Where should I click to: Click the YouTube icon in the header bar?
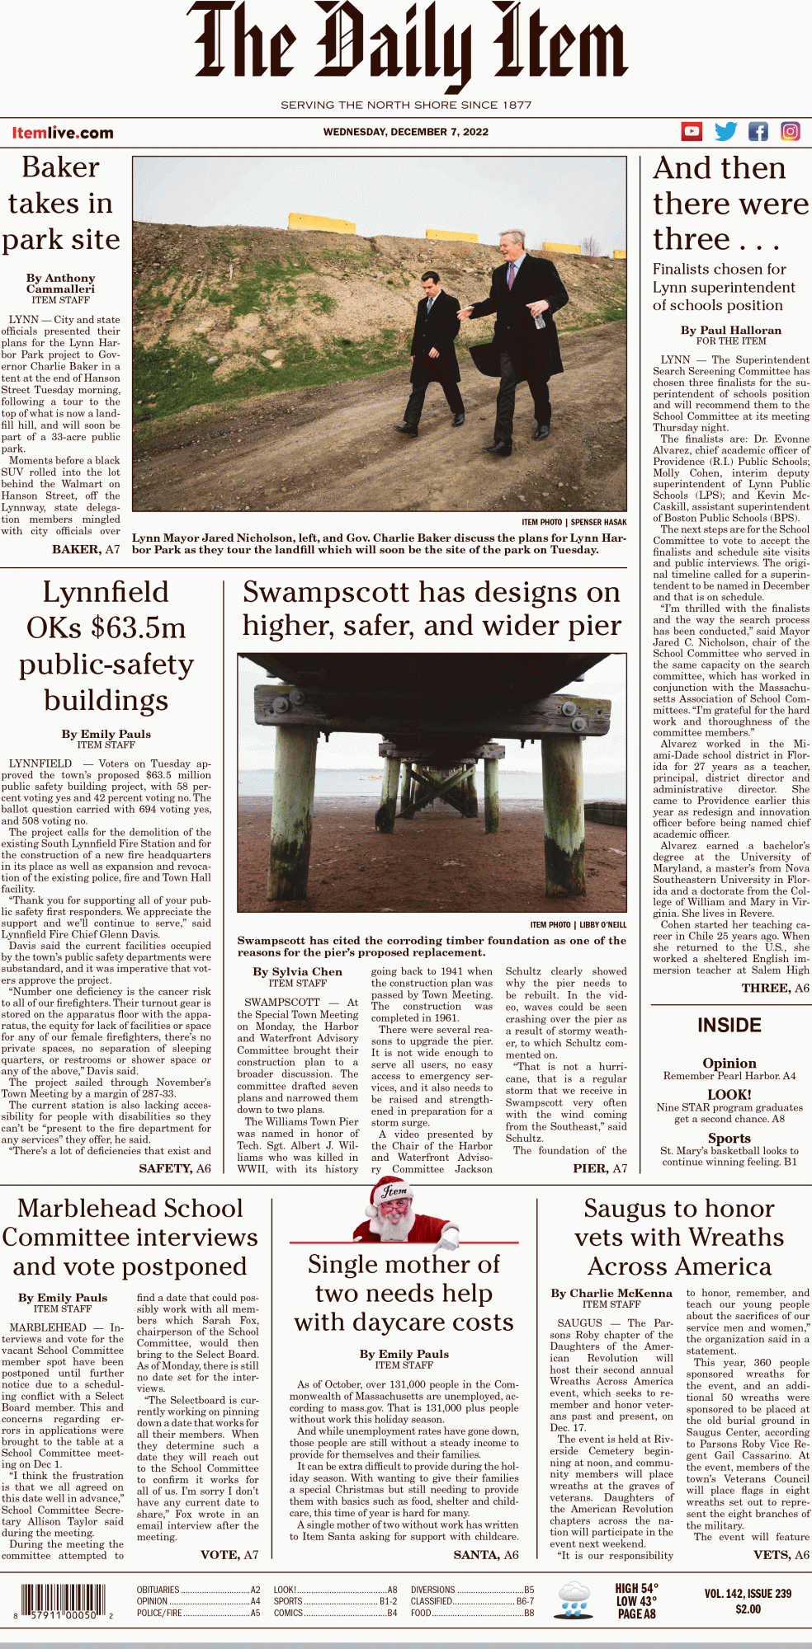(692, 131)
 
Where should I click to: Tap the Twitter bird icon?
(725, 131)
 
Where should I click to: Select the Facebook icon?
(758, 131)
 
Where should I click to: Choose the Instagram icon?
(790, 131)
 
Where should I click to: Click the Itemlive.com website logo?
(63, 133)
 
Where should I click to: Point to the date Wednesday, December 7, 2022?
(405, 132)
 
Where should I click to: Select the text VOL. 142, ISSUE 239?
(748, 1594)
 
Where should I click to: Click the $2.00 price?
(748, 1609)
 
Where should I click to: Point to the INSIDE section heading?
(729, 1025)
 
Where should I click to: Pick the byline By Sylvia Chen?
(297, 971)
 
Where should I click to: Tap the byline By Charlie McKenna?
(611, 1293)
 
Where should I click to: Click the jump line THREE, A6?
(775, 988)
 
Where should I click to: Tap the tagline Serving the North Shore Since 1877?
(405, 105)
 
